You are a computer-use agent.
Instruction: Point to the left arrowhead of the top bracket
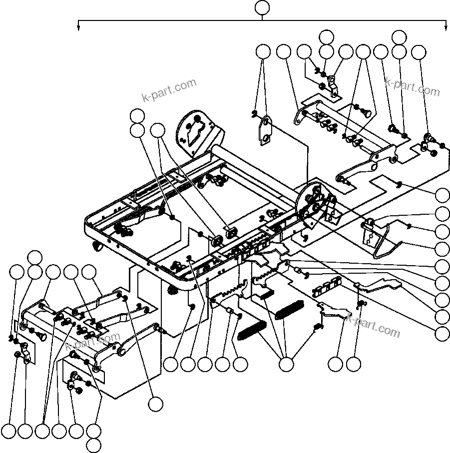[x=78, y=27]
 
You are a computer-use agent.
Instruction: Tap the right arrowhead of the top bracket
[x=446, y=27]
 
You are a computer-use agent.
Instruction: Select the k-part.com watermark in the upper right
[x=413, y=87]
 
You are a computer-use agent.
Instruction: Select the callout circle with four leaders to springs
[x=286, y=365]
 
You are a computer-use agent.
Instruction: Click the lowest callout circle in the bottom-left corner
[x=93, y=445]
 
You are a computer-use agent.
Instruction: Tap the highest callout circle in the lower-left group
[x=34, y=257]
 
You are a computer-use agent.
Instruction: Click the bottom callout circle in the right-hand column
[x=442, y=333]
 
